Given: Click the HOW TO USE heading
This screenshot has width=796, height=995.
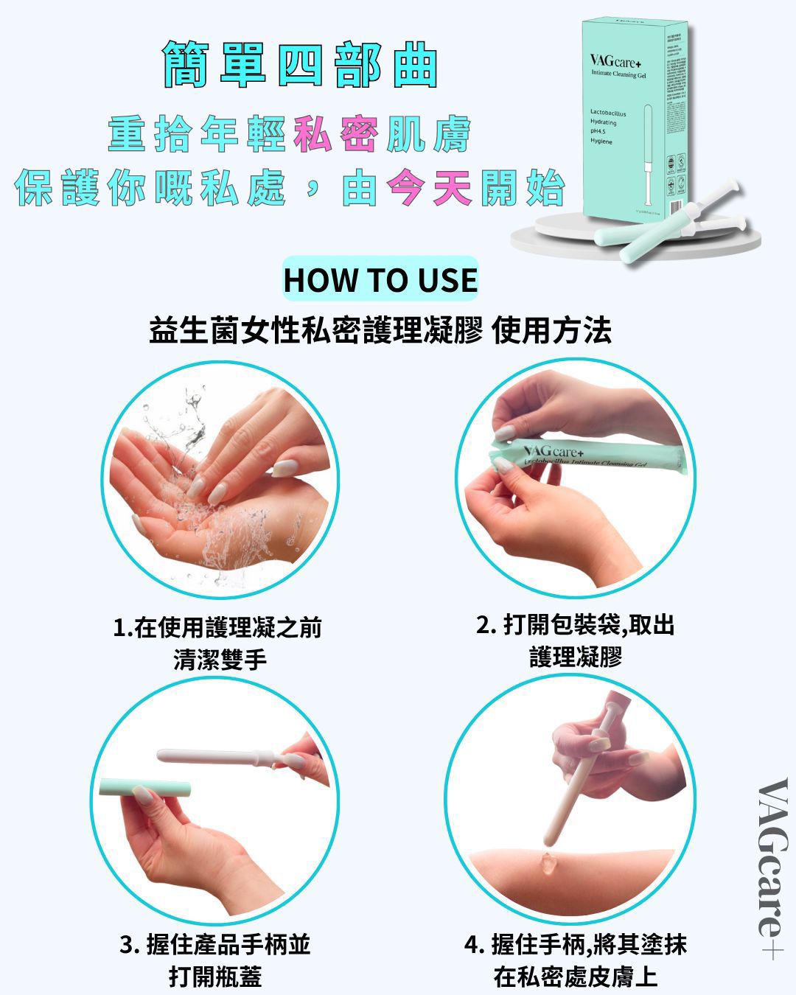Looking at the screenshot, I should point(380,280).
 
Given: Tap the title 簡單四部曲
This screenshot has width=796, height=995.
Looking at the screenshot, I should point(300,66).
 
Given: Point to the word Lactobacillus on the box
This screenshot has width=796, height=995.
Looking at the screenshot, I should point(608,114).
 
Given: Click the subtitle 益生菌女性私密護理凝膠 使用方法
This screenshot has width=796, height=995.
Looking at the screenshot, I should point(380,330).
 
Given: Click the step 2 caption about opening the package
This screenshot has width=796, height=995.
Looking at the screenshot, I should point(576,640).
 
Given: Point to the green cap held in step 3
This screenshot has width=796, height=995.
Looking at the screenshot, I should point(144,786).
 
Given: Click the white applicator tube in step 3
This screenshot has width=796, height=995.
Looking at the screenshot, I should point(221,757).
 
